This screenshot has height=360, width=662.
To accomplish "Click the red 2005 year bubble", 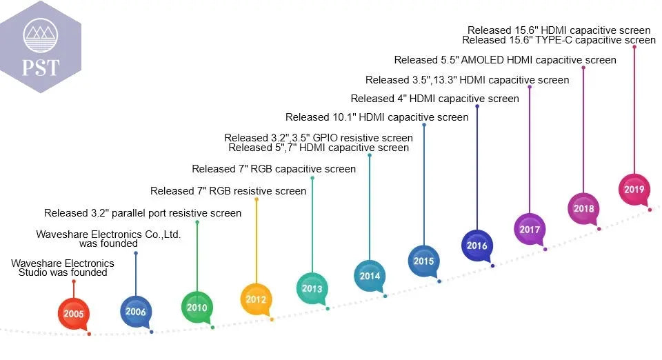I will pos(74,314).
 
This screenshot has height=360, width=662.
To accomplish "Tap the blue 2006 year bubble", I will pos(136,312).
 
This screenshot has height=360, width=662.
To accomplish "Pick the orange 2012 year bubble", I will pos(256,299).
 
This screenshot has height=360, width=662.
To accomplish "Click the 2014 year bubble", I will pos(370,276).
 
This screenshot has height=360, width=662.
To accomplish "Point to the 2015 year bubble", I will pos(424,261).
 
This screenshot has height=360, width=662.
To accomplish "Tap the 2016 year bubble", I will pos(477,245).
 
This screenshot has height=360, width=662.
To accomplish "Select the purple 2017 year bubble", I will pos(530,228).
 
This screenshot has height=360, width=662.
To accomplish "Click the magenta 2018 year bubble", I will pos(583,208).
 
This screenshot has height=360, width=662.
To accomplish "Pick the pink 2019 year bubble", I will pos(634,190).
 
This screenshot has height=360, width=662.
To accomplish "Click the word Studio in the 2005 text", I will pos(35,272).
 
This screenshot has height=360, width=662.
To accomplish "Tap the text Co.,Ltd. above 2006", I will pos(159,234).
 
